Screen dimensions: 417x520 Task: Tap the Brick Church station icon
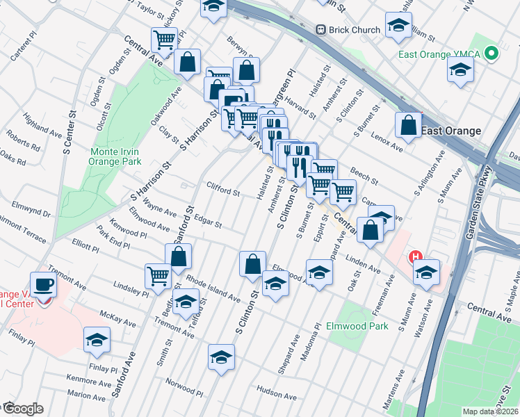coord(321,30)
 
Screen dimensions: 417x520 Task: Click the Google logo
coord(22,409)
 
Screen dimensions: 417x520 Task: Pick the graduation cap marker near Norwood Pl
coord(221,358)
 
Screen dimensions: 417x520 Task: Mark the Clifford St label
coord(223,189)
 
